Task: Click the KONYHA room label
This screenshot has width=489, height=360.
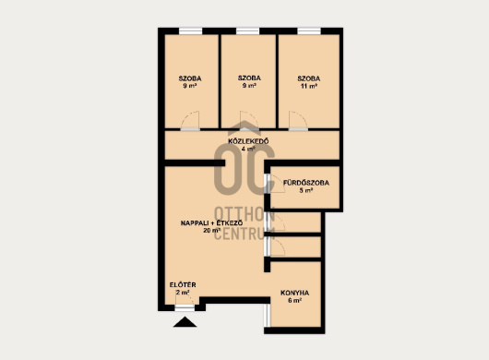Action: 294,293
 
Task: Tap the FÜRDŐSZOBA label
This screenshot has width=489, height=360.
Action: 306,183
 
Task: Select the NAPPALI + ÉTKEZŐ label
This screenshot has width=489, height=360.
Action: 211,223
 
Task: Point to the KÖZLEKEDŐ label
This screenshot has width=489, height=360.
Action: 248,141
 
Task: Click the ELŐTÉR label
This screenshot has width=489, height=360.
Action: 183,285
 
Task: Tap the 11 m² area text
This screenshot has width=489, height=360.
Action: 309,86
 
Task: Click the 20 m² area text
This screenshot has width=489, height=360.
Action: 211,231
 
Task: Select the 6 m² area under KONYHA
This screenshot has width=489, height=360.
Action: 294,300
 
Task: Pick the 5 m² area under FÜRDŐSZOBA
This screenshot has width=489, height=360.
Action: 306,190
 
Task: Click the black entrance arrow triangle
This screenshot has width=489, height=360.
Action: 185,322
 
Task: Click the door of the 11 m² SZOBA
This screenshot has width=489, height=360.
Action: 298,121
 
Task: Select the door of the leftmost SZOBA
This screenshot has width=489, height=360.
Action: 190,121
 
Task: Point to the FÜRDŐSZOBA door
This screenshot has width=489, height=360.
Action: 274,184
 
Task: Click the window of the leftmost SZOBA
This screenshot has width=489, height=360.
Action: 191,31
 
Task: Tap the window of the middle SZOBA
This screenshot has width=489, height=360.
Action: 247,31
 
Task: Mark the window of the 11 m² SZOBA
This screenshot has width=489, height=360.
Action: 309,31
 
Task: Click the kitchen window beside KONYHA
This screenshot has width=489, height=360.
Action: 267,316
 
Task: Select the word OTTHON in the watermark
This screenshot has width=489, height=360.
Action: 244,214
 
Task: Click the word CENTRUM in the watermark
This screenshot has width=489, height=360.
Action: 244,233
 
